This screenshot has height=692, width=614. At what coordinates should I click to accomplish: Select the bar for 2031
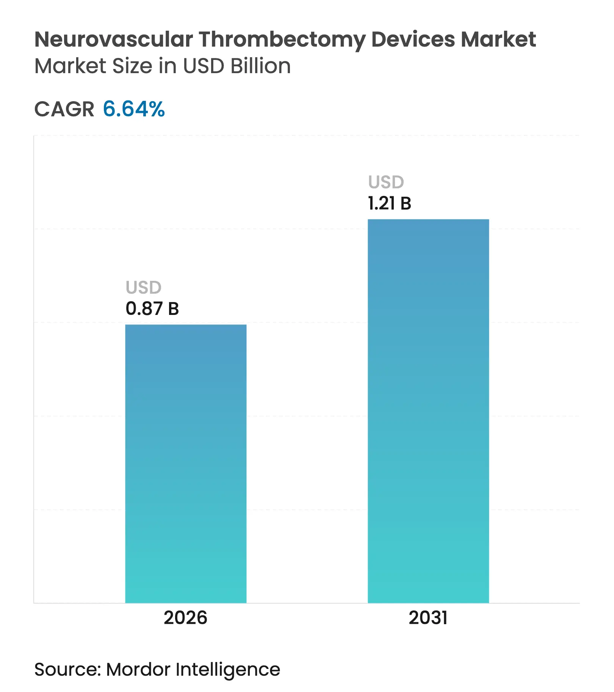click(428, 411)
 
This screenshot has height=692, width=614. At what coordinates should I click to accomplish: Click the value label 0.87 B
click(152, 308)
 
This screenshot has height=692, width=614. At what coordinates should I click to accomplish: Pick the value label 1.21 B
click(389, 204)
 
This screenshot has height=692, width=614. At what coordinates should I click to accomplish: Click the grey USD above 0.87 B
click(143, 288)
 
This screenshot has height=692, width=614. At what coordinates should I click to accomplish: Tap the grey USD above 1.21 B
click(386, 182)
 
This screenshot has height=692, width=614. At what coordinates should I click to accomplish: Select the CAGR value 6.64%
click(134, 109)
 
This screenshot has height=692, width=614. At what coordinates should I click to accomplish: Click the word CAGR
click(64, 110)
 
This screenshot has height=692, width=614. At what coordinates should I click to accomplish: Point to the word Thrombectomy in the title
click(282, 40)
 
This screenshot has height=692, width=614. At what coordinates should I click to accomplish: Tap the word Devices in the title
click(413, 39)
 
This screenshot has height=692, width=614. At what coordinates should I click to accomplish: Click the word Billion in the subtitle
click(260, 66)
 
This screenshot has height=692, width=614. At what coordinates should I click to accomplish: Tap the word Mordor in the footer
click(138, 669)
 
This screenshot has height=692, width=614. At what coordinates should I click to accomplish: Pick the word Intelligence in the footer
click(228, 670)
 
